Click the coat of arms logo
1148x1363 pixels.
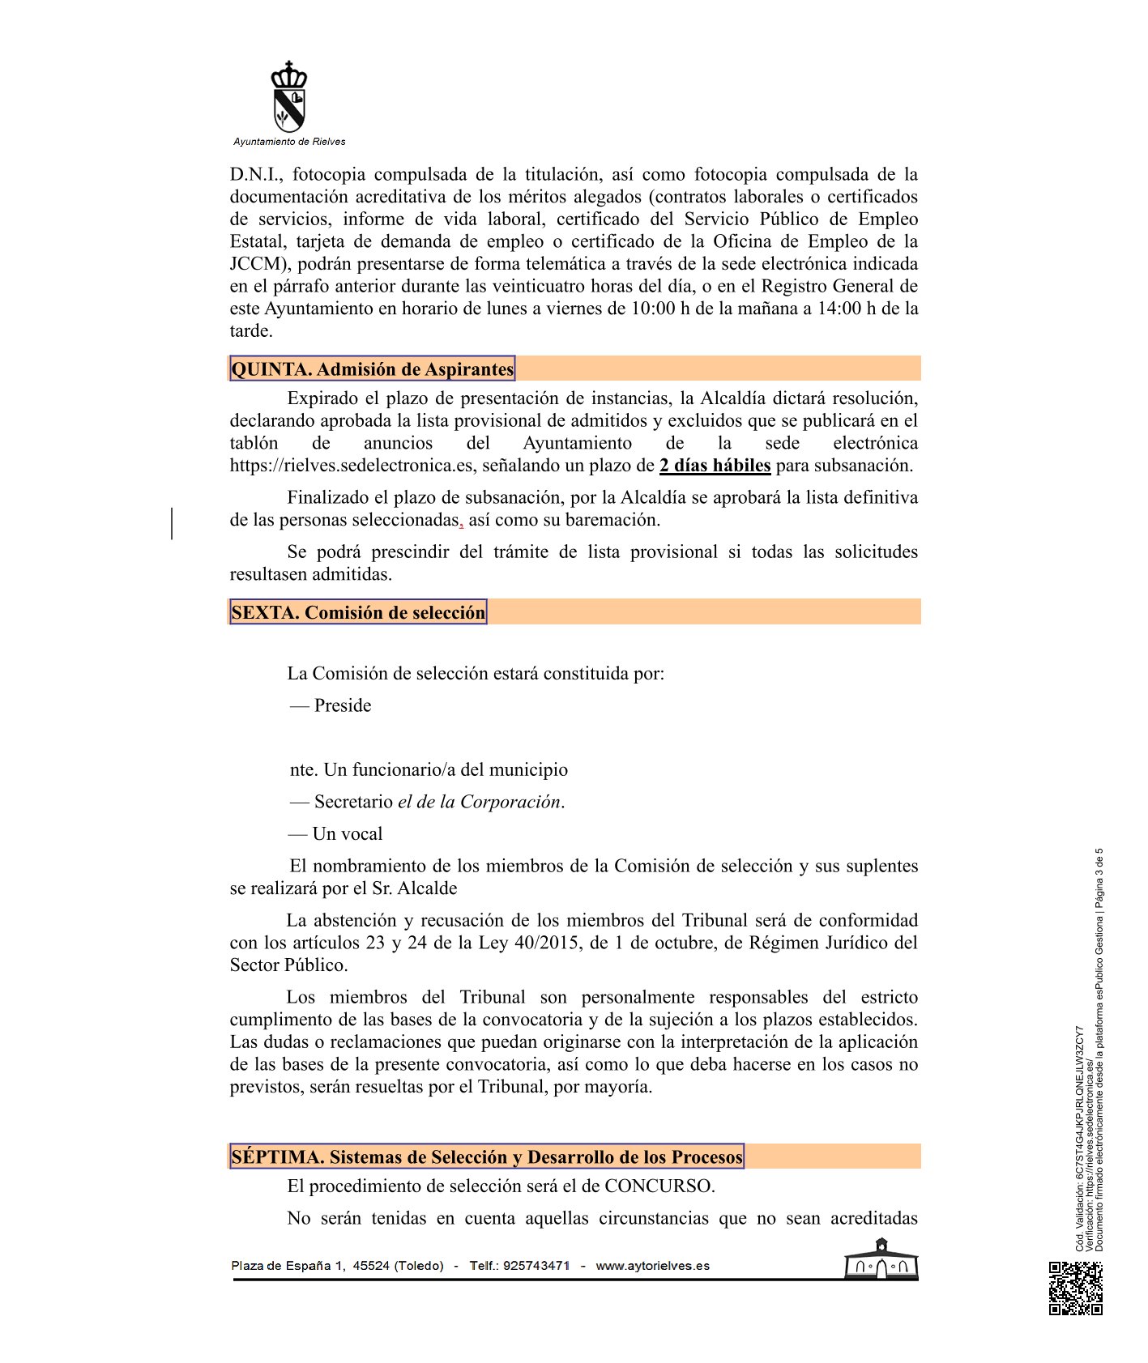(x=289, y=96)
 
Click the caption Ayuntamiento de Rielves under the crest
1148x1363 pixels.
(x=289, y=142)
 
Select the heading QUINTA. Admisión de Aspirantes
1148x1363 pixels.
(x=372, y=369)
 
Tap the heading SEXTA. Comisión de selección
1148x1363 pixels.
(x=358, y=612)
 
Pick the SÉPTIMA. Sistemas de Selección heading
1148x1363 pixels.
(x=486, y=1156)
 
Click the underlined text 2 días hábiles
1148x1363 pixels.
(x=715, y=466)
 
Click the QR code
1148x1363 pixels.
(x=1076, y=1288)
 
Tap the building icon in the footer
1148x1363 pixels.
(x=881, y=1260)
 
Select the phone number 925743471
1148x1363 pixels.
(x=536, y=1266)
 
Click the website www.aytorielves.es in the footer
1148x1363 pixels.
(x=652, y=1266)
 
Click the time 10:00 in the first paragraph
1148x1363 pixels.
(x=653, y=309)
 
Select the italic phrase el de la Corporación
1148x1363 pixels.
(x=479, y=802)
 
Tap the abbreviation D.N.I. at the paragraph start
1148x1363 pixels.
(x=255, y=175)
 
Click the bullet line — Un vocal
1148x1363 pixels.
(x=336, y=834)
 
